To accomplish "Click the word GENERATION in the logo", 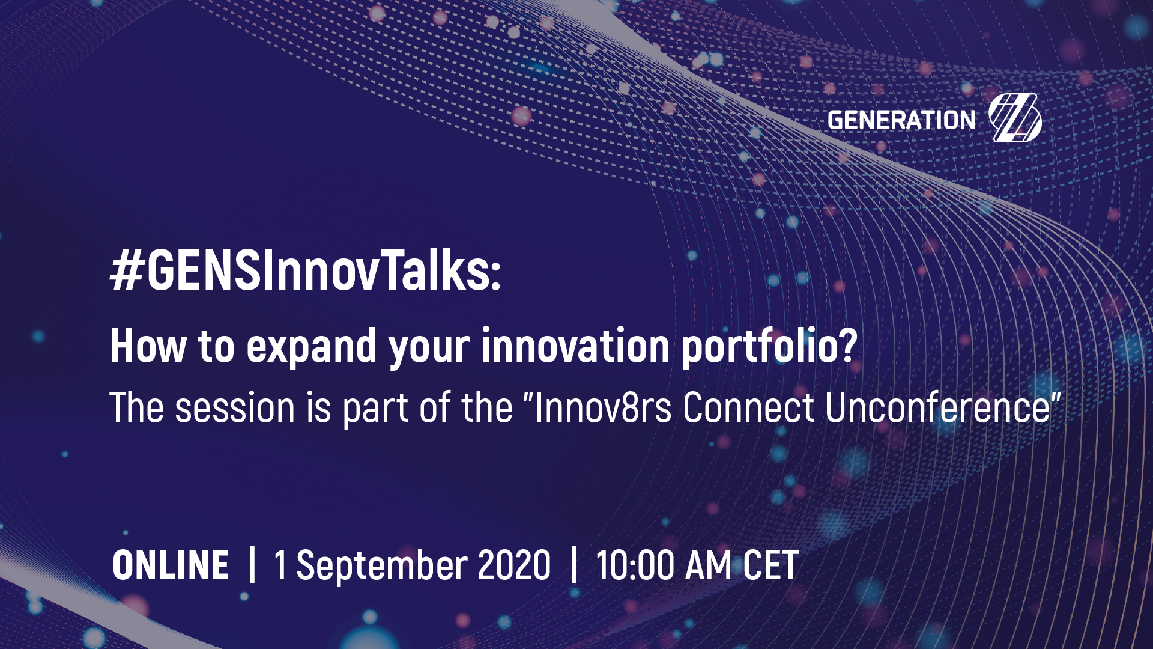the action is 901,120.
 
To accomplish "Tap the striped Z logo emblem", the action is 1015,118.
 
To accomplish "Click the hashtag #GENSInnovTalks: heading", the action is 305,271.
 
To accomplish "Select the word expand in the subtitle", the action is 311,348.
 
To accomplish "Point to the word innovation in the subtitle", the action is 575,346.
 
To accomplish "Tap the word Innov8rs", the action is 603,408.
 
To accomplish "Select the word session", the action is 235,408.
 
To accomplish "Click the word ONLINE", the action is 171,565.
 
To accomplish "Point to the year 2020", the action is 514,565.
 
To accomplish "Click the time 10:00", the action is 635,565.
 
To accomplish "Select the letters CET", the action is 771,565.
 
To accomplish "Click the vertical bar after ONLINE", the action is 252,564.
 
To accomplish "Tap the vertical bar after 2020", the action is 574,564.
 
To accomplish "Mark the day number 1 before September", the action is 280,565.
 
